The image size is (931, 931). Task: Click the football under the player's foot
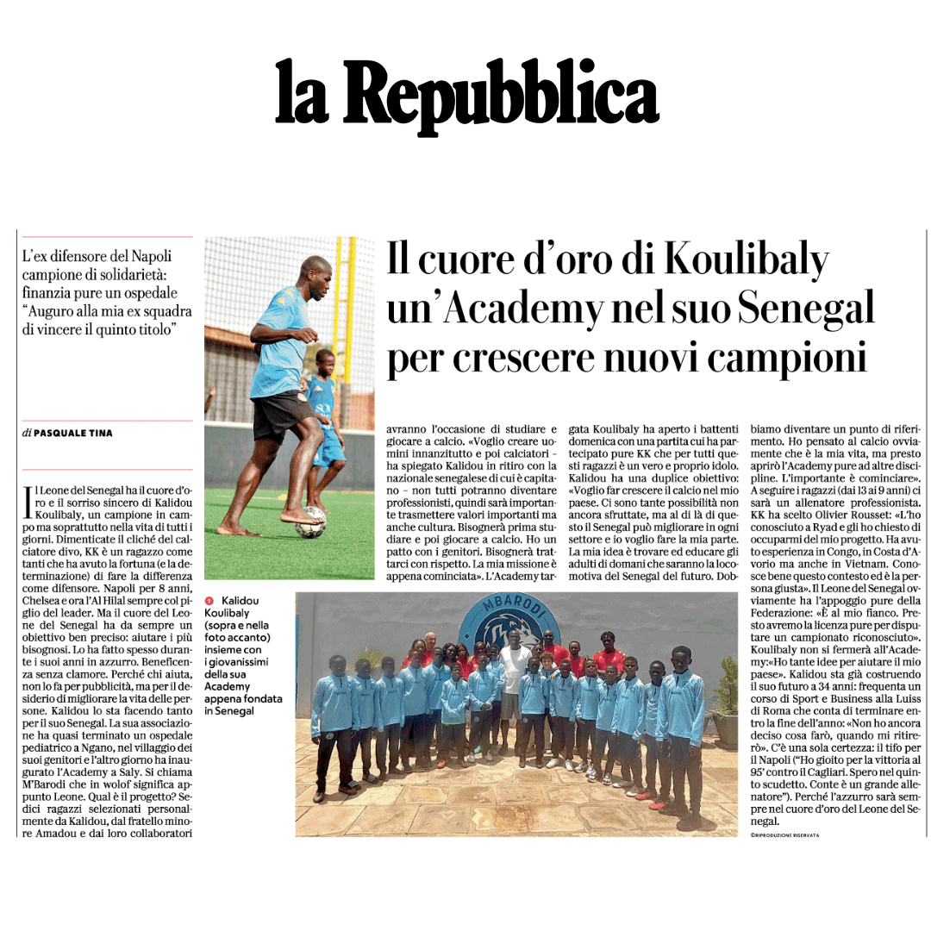310,522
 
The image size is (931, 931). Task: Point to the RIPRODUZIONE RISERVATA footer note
784,835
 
